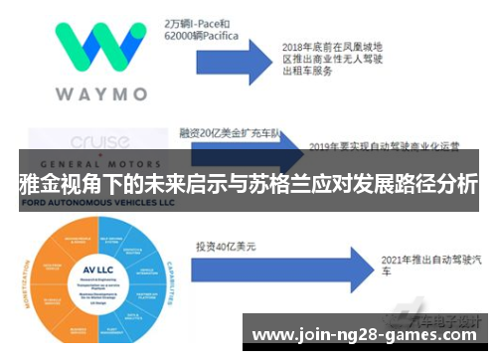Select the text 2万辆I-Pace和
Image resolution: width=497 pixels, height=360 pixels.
point(199,19)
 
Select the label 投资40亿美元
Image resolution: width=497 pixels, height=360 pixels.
point(227,245)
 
